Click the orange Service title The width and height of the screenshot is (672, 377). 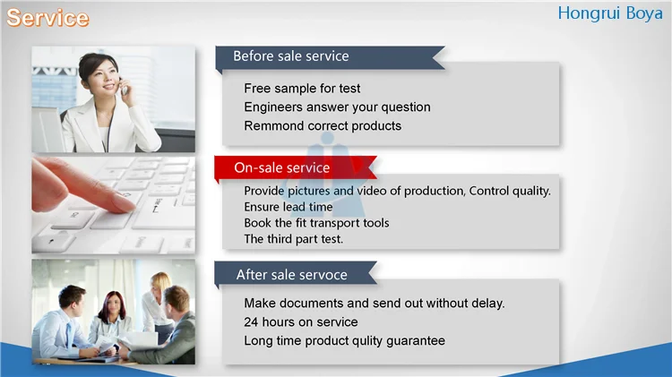click(47, 18)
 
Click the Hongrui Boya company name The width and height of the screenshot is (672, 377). click(610, 13)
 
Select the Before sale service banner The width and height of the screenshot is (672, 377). click(330, 57)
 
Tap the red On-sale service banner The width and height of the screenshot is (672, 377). click(296, 167)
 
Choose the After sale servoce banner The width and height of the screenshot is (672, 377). click(296, 274)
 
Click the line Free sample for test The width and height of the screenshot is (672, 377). click(302, 89)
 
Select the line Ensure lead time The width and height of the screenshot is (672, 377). click(288, 207)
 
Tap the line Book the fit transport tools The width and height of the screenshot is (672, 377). click(316, 223)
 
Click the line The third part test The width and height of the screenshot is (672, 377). click(294, 239)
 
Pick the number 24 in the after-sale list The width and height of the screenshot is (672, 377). click(251, 322)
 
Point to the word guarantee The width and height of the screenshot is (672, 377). click(416, 341)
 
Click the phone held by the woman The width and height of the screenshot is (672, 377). click(125, 88)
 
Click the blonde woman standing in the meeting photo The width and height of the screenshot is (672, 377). click(158, 304)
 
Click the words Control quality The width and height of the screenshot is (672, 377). click(510, 191)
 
